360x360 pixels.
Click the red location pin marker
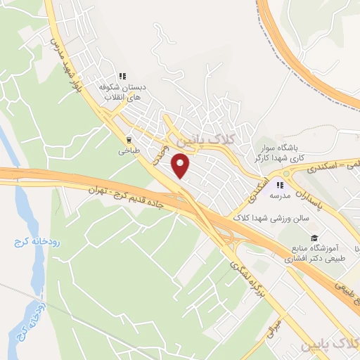tap(181, 166)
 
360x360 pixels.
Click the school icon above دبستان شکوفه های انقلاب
tap(122, 76)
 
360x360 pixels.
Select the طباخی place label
tap(129, 150)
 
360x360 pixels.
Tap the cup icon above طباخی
tap(129, 139)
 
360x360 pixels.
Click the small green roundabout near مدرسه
tap(287, 174)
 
